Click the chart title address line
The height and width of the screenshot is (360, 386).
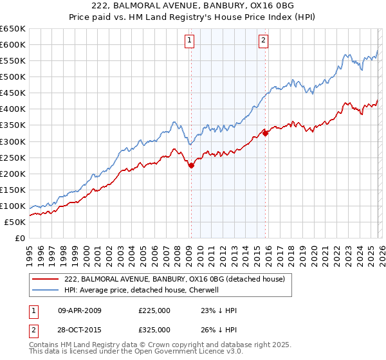(x=192, y=6)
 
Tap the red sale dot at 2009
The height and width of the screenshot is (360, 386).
(x=191, y=165)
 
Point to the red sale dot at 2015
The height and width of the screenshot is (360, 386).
(x=266, y=133)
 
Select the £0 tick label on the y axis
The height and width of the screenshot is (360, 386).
(x=19, y=239)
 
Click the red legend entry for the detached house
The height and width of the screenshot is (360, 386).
(x=178, y=278)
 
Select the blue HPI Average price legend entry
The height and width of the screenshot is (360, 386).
(x=151, y=290)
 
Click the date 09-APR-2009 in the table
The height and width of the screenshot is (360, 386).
(x=79, y=310)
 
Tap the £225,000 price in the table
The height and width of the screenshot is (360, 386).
(x=154, y=310)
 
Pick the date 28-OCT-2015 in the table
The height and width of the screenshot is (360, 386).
(x=79, y=329)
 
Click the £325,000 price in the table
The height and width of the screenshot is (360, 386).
(x=154, y=329)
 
